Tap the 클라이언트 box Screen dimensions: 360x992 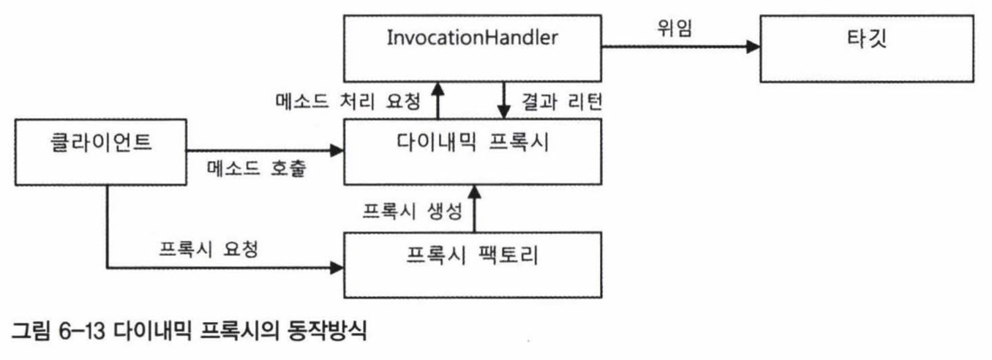(x=100, y=152)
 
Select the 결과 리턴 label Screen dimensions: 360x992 (x=561, y=102)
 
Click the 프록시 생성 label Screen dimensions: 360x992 (x=412, y=212)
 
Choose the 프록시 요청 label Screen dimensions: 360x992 (x=209, y=250)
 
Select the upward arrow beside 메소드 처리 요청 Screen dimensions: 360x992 (x=437, y=100)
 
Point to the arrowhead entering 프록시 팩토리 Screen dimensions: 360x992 (x=337, y=267)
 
